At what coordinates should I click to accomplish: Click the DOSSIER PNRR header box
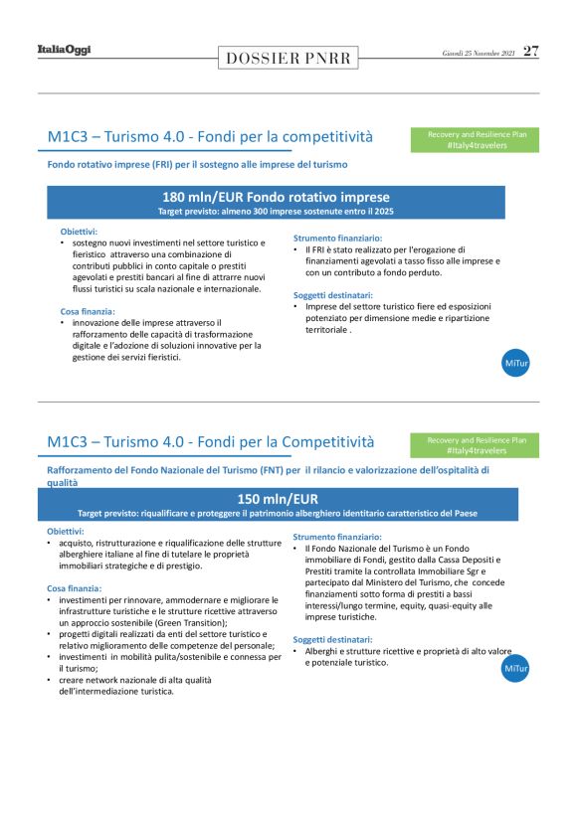point(288,58)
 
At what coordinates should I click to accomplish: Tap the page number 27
point(531,51)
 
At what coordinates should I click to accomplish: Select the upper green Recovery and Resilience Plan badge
point(477,139)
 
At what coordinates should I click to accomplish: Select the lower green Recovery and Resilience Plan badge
point(477,444)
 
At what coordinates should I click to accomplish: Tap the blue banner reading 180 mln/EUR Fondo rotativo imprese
point(276,198)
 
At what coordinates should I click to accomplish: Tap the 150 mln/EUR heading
point(278,498)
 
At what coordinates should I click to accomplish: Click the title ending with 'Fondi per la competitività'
point(210,136)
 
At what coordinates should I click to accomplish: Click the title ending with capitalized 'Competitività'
point(211,441)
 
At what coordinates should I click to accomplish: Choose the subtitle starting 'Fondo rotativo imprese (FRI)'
point(197,164)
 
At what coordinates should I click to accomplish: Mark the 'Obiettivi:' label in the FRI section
point(79,232)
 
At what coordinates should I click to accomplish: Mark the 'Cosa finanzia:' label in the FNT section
point(76,588)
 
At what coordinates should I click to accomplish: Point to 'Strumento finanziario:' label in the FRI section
point(337,239)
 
